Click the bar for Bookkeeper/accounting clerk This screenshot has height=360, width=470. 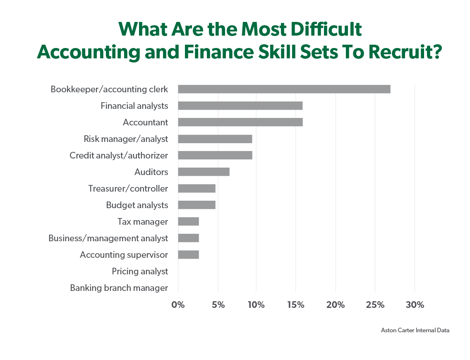coord(284,89)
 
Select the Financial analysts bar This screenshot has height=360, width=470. coord(240,106)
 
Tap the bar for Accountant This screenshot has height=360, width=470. coord(240,122)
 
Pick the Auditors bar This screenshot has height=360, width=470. coord(204,172)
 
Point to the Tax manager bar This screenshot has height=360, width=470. coord(188,222)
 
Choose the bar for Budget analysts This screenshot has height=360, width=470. coord(197,205)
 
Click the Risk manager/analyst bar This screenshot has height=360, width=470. coord(215,139)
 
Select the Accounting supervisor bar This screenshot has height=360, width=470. coord(188,255)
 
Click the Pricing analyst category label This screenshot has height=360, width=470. coord(140,271)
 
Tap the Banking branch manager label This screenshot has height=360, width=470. coord(119,288)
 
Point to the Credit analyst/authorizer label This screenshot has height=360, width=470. coord(119,156)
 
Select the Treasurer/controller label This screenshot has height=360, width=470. coord(128,189)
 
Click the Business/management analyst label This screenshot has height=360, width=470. coord(108,238)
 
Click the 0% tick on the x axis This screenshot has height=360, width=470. coord(178,305)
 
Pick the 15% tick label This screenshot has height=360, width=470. coord(296,305)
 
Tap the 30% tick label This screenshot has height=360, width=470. coord(415,305)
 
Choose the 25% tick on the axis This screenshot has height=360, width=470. coord(375,305)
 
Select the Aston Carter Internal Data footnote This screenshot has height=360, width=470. coord(415,330)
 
